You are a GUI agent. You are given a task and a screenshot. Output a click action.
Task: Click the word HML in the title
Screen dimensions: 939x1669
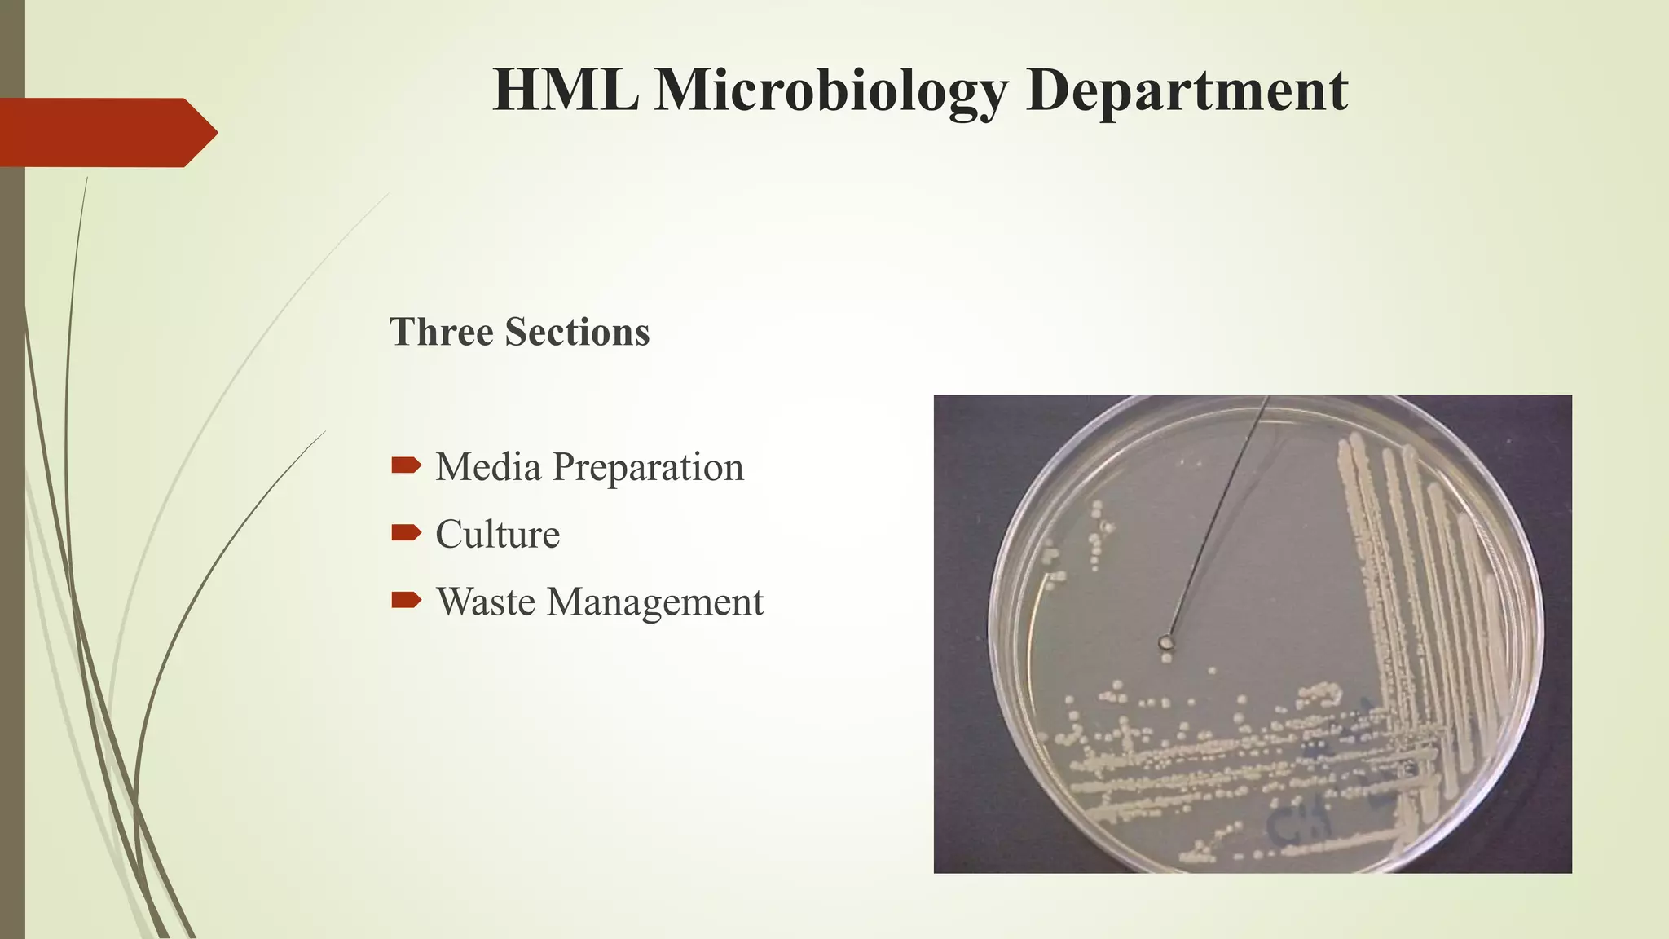click(x=565, y=90)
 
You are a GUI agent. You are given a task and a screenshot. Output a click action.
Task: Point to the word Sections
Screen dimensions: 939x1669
click(x=577, y=332)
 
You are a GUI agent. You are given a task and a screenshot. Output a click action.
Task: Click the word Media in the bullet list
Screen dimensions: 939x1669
click(x=488, y=467)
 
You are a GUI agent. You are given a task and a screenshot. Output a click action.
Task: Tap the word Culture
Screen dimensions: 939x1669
click(x=497, y=535)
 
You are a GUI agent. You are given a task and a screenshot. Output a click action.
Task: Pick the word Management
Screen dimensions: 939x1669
click(x=655, y=603)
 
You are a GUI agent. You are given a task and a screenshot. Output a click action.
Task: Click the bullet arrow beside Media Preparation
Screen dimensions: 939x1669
click(x=406, y=465)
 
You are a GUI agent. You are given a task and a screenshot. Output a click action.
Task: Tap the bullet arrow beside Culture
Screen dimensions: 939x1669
click(x=406, y=533)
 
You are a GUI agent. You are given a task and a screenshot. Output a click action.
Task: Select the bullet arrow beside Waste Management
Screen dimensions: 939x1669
click(x=406, y=601)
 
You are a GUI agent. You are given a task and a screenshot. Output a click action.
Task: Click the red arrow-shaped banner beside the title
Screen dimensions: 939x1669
click(x=106, y=132)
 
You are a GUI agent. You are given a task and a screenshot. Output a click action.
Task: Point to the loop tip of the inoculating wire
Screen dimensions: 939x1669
click(x=1166, y=642)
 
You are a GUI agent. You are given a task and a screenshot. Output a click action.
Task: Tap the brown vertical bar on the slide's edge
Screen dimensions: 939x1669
click(x=12, y=571)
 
